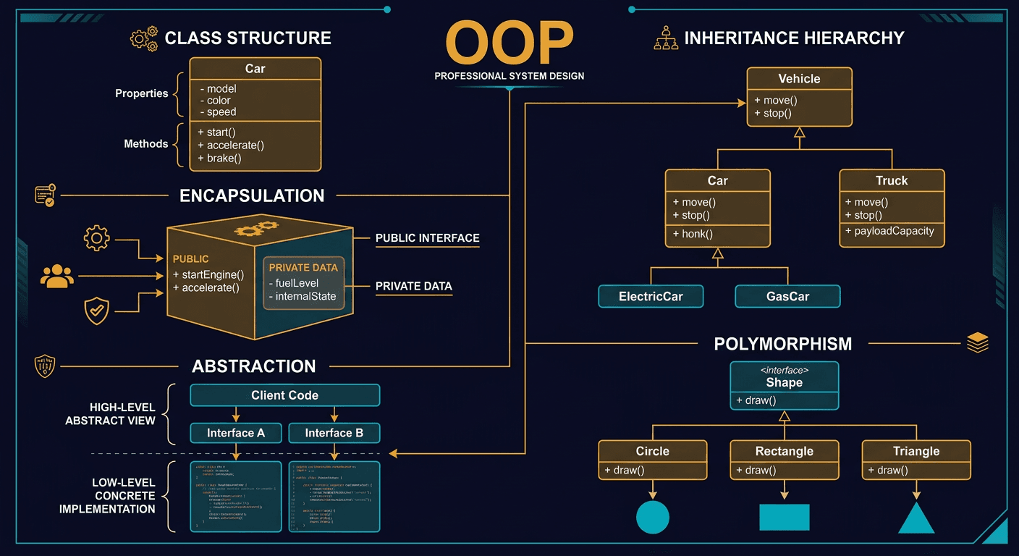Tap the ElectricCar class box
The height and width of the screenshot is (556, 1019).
click(x=651, y=296)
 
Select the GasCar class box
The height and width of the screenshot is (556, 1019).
click(x=787, y=296)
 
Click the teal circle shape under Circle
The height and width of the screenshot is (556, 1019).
click(x=652, y=517)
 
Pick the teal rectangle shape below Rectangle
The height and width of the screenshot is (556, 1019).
click(x=784, y=517)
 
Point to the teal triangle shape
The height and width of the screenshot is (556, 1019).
click(x=916, y=518)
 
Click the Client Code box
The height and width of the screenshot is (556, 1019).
click(x=284, y=395)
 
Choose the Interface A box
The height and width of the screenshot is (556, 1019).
click(x=236, y=433)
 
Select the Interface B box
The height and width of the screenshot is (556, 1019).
click(x=334, y=433)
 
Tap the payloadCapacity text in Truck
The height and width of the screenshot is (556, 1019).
click(x=894, y=231)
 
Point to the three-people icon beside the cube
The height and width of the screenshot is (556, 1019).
click(x=57, y=276)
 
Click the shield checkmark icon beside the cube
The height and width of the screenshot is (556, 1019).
click(x=96, y=311)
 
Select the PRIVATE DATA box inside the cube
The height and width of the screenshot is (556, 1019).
click(x=304, y=282)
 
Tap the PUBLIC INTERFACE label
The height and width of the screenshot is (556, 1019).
click(x=427, y=238)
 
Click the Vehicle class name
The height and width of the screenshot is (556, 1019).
click(x=799, y=79)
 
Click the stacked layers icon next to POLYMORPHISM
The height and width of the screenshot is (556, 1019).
click(x=977, y=342)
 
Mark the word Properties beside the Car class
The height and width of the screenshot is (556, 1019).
click(x=142, y=93)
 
